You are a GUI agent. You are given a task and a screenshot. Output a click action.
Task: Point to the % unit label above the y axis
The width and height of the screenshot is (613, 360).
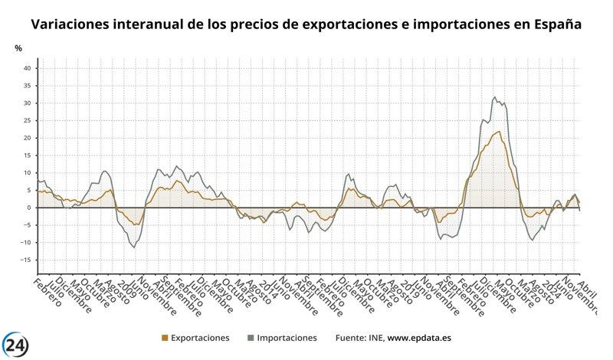coord(18,48)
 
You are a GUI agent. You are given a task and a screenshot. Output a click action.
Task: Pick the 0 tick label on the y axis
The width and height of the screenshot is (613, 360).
coord(28,208)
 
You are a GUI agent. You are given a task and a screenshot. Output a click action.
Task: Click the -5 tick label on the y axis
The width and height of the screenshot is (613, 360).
coord(26,225)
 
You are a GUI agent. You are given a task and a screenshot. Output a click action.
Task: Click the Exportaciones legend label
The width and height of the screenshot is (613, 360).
coord(200,337)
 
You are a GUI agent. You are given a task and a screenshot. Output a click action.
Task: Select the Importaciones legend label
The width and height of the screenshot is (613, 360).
coord(287,337)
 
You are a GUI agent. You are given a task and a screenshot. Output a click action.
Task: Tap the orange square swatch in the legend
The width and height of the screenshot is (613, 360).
coord(165,338)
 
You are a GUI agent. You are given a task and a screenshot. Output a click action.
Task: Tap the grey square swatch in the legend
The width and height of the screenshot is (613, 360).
coord(251,338)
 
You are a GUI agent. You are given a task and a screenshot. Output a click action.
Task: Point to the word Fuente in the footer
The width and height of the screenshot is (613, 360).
coord(351,337)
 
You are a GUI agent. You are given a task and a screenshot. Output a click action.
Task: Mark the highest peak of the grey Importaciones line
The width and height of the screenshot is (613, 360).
coord(494,97)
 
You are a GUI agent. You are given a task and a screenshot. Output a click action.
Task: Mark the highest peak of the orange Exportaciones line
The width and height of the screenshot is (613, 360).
coord(500,132)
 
